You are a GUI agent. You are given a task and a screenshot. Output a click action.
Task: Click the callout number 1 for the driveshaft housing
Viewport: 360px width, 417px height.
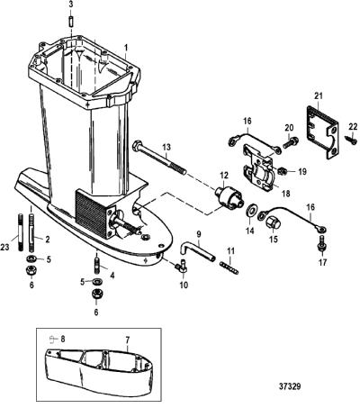(x=126, y=48)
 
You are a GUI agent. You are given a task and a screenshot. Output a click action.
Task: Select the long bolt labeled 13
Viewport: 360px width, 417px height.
(x=159, y=158)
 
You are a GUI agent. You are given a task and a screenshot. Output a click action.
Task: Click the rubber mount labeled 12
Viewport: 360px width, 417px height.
(x=229, y=198)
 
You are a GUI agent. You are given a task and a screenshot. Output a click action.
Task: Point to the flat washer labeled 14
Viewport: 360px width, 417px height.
(x=250, y=211)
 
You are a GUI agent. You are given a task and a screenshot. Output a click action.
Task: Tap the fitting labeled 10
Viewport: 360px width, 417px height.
(x=181, y=266)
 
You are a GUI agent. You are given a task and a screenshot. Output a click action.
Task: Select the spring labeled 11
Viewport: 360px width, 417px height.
(x=229, y=267)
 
